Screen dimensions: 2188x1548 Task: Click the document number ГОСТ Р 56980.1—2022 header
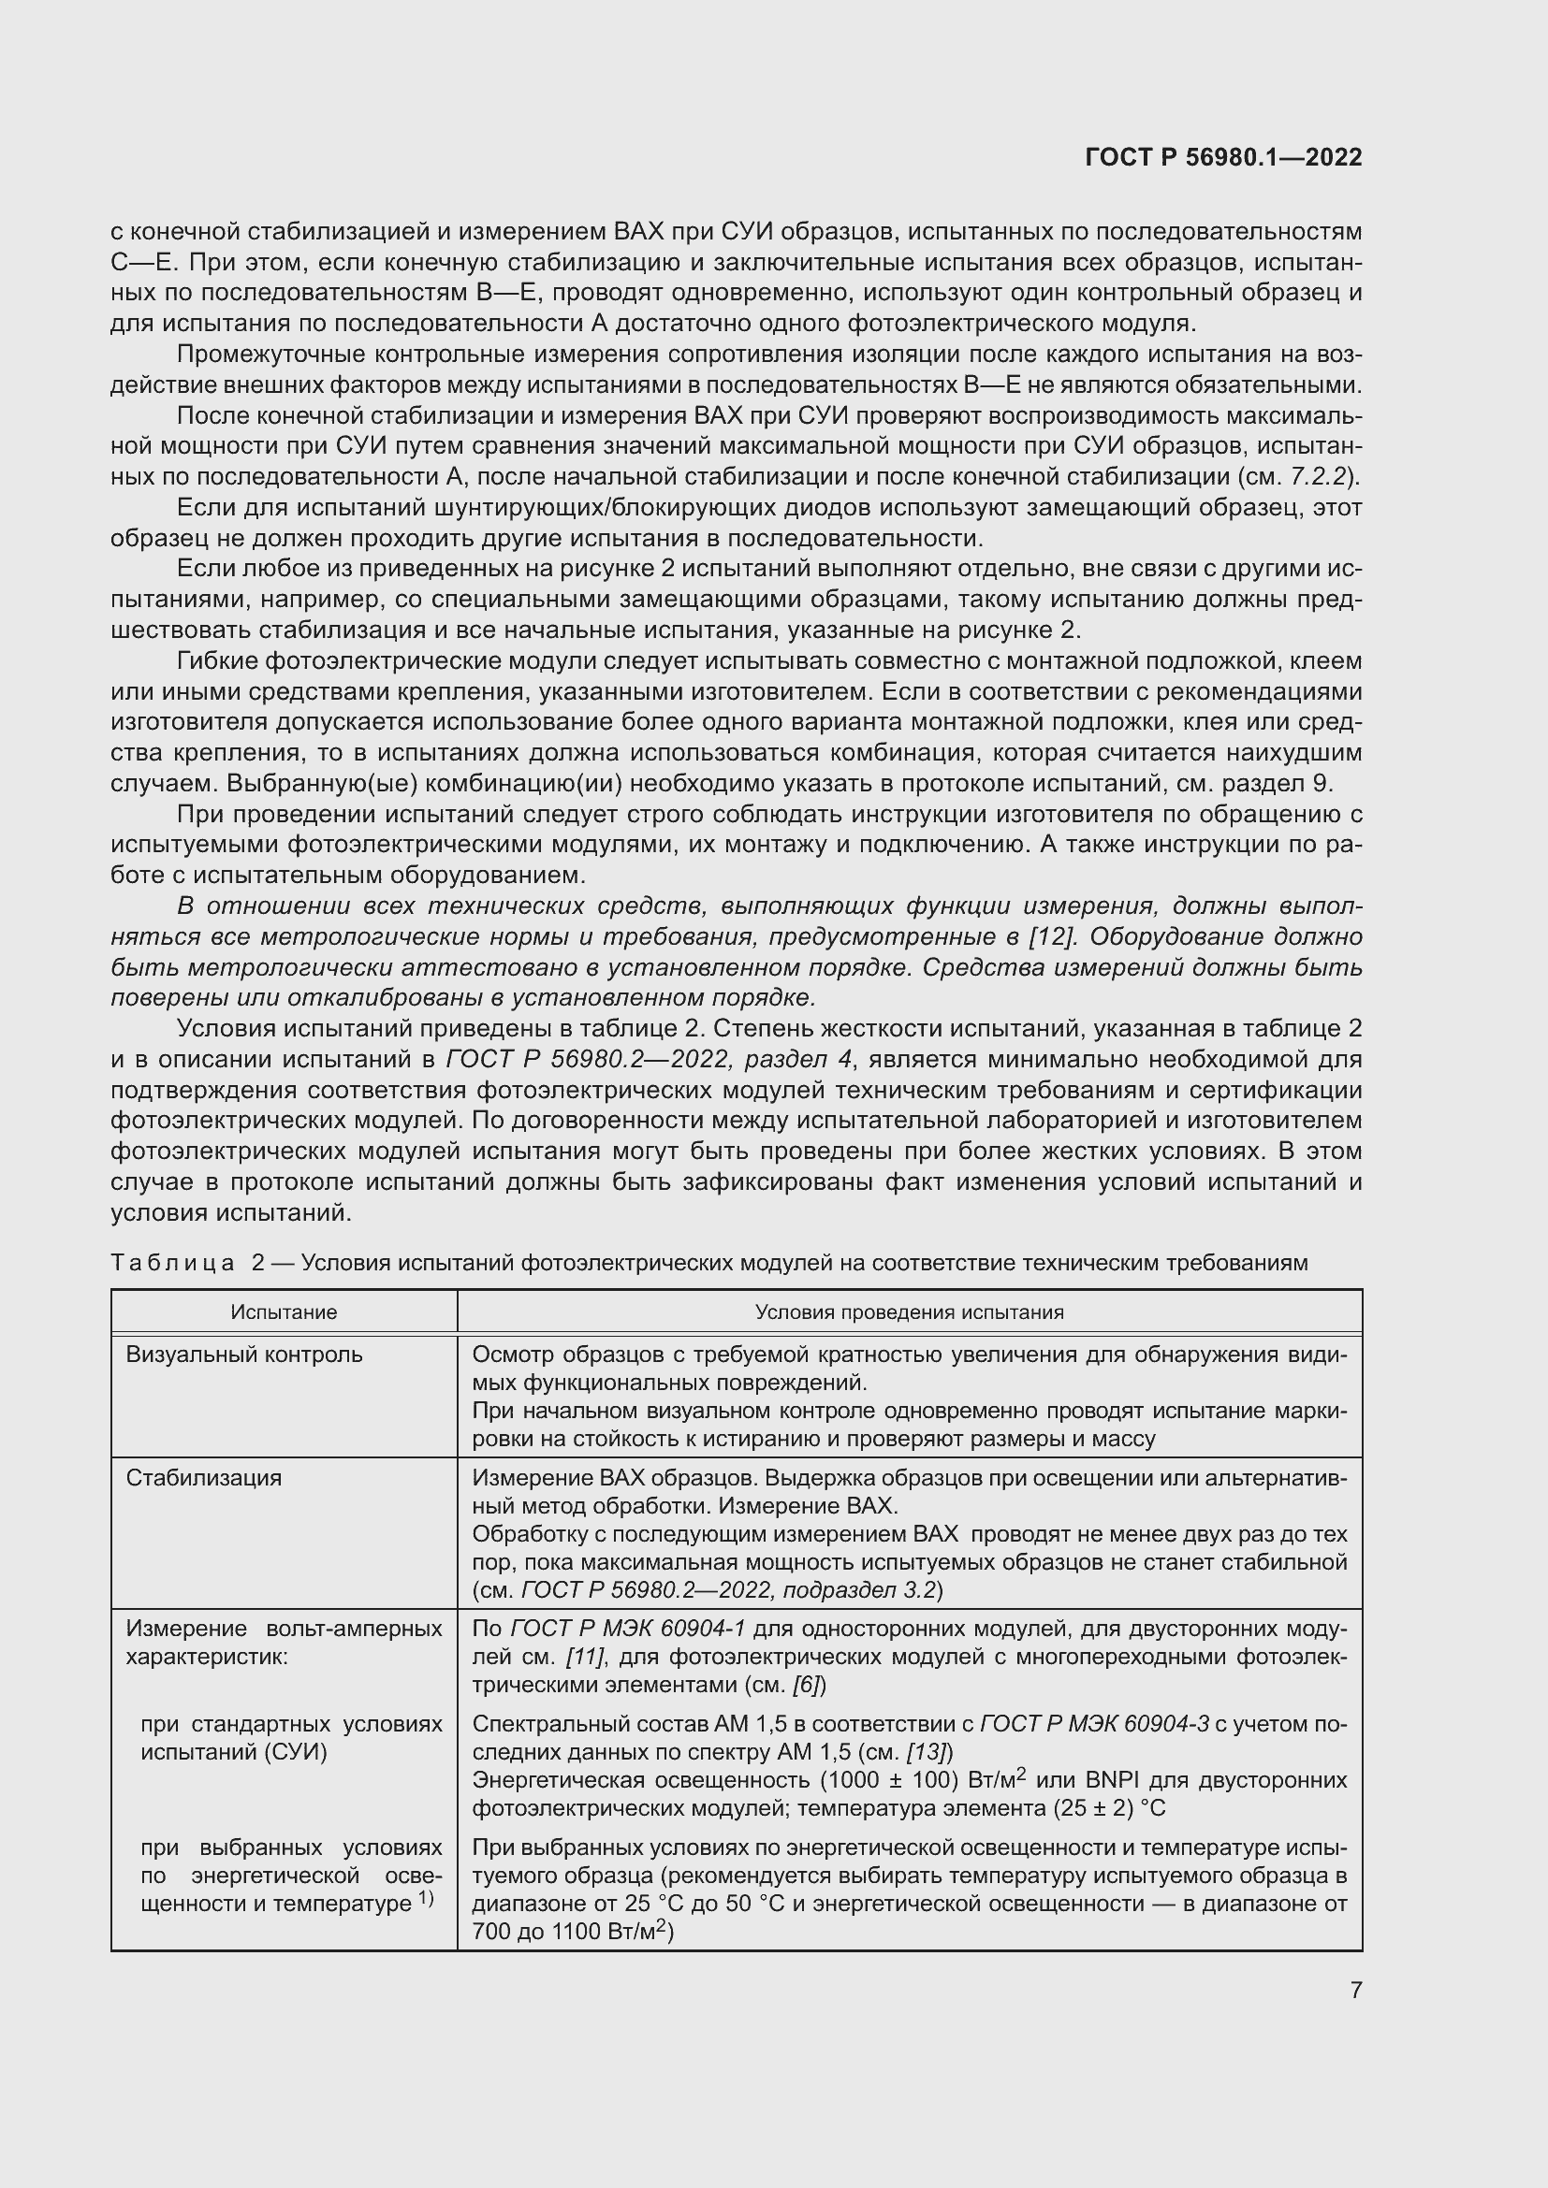[x=1223, y=157]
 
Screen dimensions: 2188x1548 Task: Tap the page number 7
[x=1355, y=1990]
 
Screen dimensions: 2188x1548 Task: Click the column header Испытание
[x=285, y=1312]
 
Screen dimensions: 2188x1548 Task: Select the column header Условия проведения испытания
[x=910, y=1312]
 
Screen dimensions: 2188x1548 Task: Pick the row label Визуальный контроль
[x=244, y=1355]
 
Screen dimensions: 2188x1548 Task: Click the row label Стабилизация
[x=204, y=1478]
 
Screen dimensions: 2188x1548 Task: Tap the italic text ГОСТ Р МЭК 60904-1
[x=627, y=1629]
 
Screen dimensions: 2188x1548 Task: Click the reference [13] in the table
[x=924, y=1751]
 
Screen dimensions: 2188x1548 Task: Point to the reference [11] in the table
[x=584, y=1657]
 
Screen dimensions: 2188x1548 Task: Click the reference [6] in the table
[x=807, y=1685]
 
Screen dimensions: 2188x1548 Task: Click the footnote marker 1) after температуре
[x=425, y=1898]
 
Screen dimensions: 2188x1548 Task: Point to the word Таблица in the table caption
[x=171, y=1264]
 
